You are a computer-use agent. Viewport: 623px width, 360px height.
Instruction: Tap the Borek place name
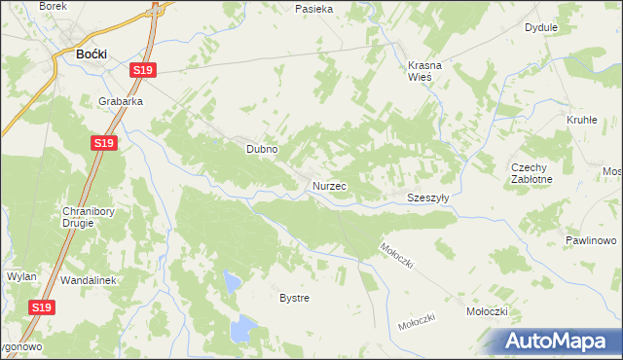click(53, 6)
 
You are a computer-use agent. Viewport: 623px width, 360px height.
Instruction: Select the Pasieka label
click(314, 9)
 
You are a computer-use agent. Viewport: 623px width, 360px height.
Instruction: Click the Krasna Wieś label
click(424, 71)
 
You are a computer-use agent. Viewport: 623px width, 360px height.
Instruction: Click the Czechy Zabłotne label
click(531, 173)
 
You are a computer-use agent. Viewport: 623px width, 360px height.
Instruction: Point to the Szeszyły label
click(428, 197)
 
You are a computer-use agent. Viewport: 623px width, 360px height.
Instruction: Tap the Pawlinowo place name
click(592, 240)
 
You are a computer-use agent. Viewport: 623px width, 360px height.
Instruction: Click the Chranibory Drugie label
click(76, 216)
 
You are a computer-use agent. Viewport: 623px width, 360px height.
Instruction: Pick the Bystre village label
click(294, 298)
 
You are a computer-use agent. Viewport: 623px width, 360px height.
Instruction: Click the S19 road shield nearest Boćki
click(143, 70)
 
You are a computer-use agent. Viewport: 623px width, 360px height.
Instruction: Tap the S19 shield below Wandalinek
click(41, 307)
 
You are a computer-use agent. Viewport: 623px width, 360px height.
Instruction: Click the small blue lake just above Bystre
click(232, 283)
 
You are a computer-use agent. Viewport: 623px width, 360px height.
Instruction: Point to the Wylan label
click(21, 276)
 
